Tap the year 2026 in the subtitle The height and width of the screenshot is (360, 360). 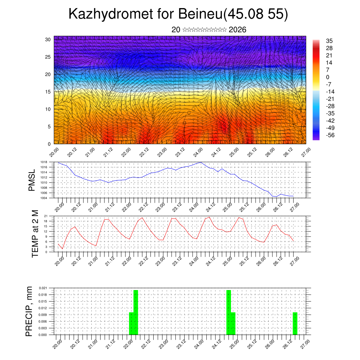click(x=237, y=30)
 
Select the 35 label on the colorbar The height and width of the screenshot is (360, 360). click(x=329, y=41)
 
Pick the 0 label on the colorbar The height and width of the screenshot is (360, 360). click(x=328, y=77)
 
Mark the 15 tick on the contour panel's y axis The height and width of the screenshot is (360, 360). click(x=48, y=92)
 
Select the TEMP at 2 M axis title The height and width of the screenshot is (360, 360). click(x=35, y=233)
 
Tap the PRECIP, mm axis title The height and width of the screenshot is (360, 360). click(x=30, y=311)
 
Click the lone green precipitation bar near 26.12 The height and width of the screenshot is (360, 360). click(x=295, y=323)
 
